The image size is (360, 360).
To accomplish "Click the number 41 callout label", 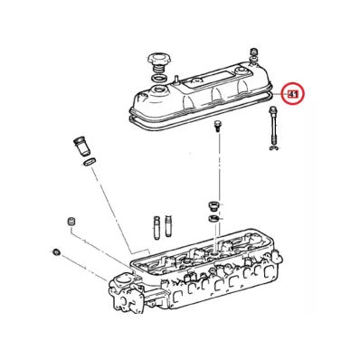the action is (293, 94).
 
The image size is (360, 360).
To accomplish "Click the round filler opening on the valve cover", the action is (159, 90).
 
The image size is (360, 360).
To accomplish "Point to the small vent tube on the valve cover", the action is (175, 79).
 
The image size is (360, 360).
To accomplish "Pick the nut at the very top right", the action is (254, 51).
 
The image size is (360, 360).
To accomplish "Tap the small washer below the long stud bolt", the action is (273, 148).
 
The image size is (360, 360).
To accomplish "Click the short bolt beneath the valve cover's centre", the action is (217, 126).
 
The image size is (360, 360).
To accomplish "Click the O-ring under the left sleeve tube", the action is (90, 162).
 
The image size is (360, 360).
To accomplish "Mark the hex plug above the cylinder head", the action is (213, 207).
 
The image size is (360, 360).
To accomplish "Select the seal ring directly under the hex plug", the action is (213, 218).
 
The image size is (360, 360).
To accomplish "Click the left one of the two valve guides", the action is (156, 227).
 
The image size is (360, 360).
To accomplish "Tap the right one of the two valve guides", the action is (168, 226).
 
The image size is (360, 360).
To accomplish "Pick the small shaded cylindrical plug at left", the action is (71, 221).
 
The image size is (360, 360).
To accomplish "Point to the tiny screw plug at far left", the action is (56, 251).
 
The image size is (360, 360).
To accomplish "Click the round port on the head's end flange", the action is (123, 280).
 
